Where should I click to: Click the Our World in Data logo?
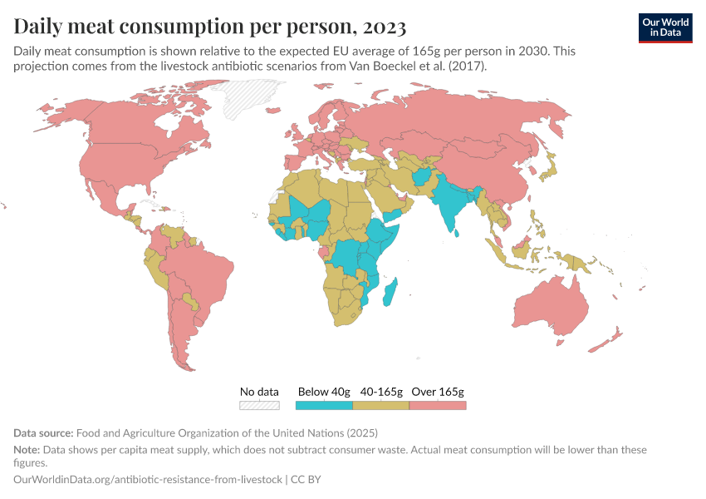(664, 27)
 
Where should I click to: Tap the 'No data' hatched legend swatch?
(258, 405)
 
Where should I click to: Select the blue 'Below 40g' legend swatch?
(324, 405)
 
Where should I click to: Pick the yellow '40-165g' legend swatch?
(381, 405)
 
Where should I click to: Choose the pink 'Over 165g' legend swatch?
(438, 405)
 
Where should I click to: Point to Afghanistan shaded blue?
(422, 178)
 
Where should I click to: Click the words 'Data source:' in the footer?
(43, 432)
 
